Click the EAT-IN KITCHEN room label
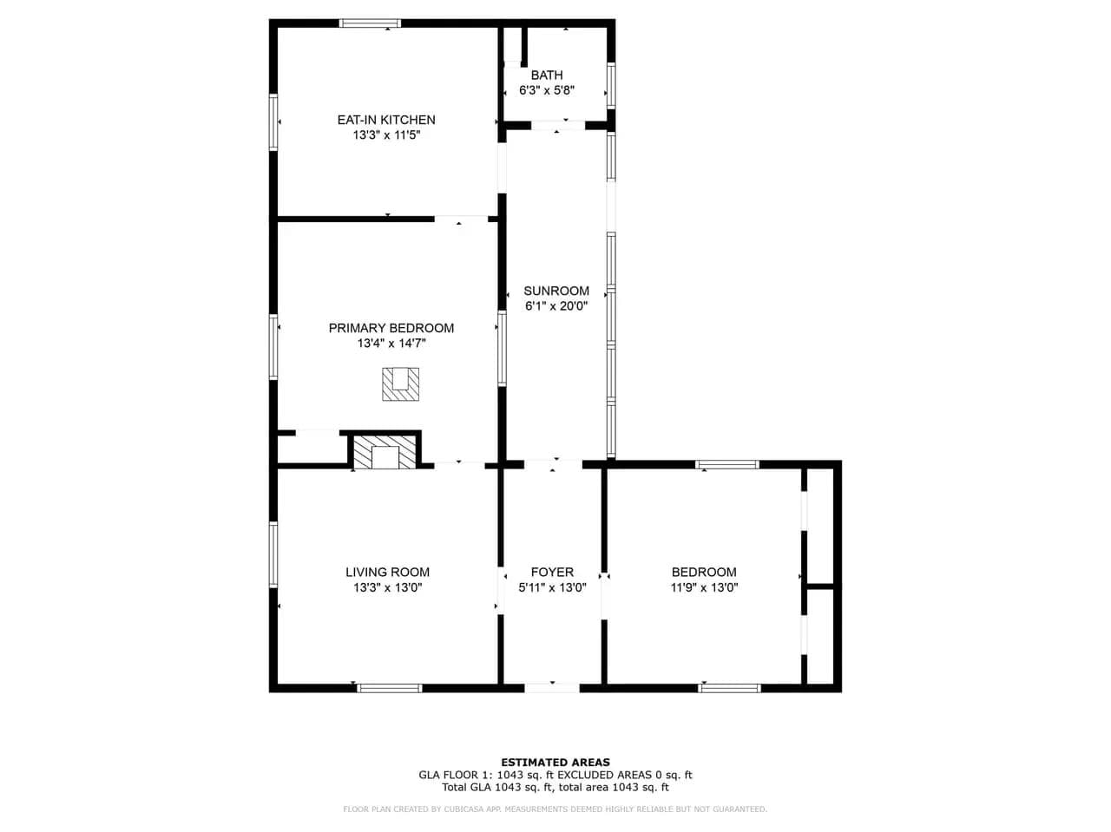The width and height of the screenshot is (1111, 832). (386, 120)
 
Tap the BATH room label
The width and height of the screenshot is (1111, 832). (547, 75)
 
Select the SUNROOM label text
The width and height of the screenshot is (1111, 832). (556, 291)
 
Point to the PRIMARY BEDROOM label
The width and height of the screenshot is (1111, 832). (391, 328)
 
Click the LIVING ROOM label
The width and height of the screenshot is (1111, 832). (388, 572)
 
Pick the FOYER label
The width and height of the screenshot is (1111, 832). (552, 572)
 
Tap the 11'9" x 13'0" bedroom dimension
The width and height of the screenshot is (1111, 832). (704, 587)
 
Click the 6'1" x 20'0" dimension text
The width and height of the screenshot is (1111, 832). (556, 306)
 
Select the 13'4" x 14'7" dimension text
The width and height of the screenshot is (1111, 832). (391, 344)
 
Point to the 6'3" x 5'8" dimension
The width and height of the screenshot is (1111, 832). (547, 90)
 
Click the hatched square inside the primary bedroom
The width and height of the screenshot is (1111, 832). (400, 384)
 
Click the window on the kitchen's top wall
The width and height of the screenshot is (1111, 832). (370, 23)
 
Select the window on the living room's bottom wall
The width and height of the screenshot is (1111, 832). (389, 688)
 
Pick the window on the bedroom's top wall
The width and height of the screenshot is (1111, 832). (726, 465)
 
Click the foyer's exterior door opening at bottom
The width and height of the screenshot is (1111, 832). (552, 688)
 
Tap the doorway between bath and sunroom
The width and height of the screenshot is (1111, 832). (558, 126)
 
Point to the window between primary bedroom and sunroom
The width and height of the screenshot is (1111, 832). (502, 349)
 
